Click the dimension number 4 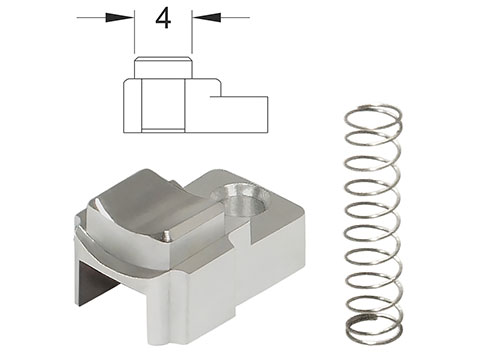pyautogui.click(x=163, y=18)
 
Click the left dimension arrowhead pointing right pyautogui.click(x=120, y=17)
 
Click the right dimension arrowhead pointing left pyautogui.click(x=206, y=17)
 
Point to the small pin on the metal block pyautogui.click(x=167, y=235)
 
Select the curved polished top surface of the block pyautogui.click(x=150, y=207)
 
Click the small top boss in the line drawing pyautogui.click(x=163, y=68)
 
